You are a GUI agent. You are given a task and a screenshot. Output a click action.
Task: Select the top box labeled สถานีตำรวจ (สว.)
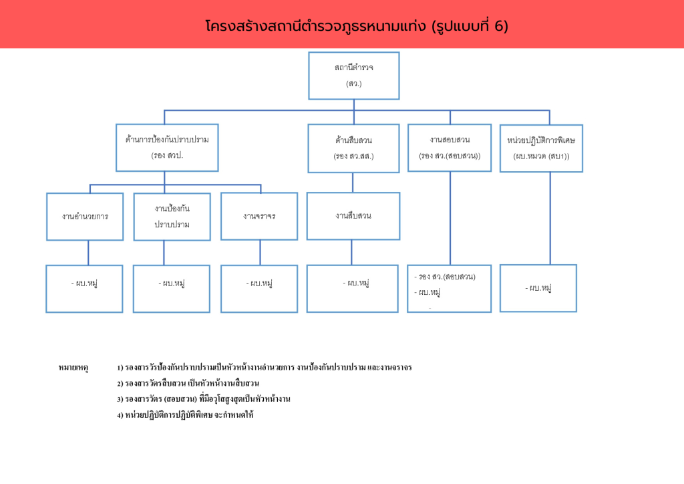(x=353, y=76)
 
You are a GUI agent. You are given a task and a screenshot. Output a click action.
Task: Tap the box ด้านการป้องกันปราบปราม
(x=167, y=147)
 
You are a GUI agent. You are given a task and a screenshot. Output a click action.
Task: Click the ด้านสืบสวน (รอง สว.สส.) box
(x=353, y=148)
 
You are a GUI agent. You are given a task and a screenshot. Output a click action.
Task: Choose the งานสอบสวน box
(x=449, y=147)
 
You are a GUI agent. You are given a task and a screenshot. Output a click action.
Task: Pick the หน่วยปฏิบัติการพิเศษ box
(x=541, y=148)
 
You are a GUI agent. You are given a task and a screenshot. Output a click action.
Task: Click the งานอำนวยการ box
(x=85, y=217)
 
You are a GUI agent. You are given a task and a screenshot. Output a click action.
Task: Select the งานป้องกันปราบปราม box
(x=172, y=217)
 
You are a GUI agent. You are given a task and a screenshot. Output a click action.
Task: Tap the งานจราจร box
(x=259, y=217)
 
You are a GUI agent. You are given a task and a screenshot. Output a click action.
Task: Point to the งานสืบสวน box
(x=353, y=216)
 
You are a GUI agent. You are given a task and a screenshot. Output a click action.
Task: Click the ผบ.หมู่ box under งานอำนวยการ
(x=84, y=288)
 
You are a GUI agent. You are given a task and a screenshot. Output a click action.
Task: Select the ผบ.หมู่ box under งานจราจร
(x=259, y=288)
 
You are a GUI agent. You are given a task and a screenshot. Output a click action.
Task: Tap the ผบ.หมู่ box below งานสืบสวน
(x=353, y=288)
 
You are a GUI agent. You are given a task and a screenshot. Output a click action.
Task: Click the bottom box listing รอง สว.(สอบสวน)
(x=449, y=288)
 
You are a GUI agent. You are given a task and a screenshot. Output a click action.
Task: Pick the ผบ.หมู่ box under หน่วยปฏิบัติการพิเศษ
(x=538, y=288)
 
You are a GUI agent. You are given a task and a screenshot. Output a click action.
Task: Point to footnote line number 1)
(x=264, y=368)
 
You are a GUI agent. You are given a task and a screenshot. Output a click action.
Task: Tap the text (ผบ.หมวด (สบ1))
(x=541, y=156)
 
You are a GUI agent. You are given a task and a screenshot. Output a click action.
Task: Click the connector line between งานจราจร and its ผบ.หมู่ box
(x=260, y=253)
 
